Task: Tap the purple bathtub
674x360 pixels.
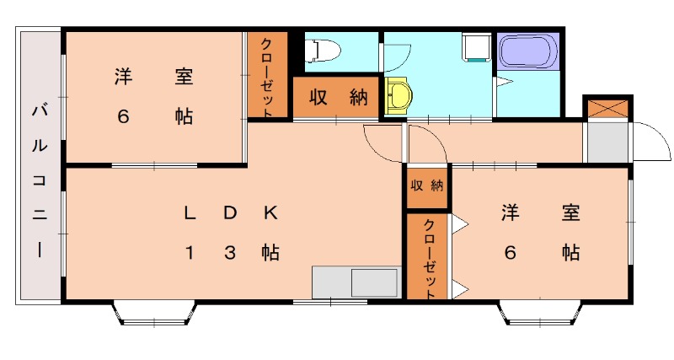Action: [528, 51]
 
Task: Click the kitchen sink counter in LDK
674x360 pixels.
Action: [355, 282]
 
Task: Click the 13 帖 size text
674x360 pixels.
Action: [231, 252]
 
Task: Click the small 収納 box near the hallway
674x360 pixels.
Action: [426, 186]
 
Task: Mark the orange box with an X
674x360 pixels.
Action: [607, 108]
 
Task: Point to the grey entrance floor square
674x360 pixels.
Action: [607, 142]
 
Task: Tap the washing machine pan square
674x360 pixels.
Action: [477, 47]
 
